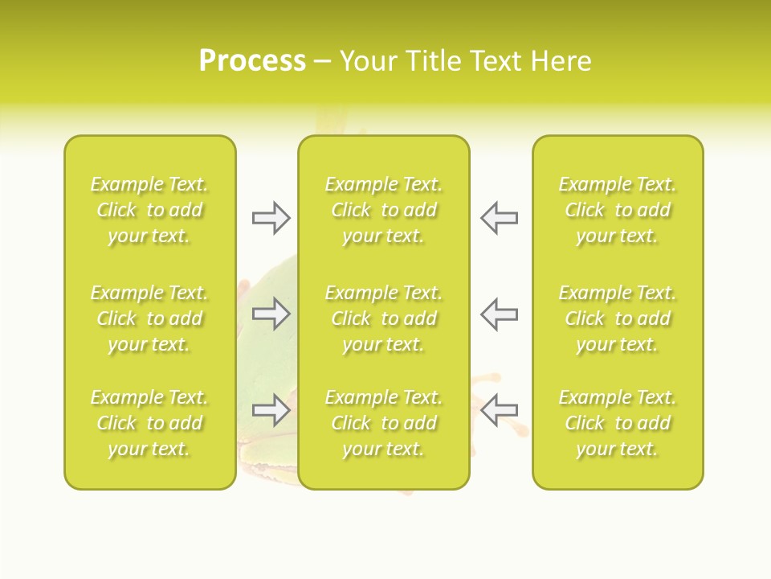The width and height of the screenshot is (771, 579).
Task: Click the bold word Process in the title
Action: [252, 61]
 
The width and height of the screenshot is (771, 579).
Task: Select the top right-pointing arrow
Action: [271, 218]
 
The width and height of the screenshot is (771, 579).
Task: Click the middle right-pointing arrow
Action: [271, 314]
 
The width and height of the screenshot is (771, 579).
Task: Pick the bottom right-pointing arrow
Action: [271, 410]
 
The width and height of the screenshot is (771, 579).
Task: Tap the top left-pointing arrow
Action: [499, 218]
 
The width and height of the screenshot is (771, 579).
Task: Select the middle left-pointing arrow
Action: [499, 314]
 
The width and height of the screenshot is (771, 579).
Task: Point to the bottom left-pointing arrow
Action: [499, 410]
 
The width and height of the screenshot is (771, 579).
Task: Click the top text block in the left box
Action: [149, 210]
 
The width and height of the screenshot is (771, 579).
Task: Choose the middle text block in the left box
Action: [149, 318]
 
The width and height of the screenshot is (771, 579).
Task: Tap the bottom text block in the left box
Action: [149, 423]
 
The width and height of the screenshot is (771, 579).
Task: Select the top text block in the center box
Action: [384, 210]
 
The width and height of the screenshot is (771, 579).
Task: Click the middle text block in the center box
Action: [384, 318]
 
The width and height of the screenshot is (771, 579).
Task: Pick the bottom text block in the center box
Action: [384, 423]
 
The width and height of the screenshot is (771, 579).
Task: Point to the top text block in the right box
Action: [618, 210]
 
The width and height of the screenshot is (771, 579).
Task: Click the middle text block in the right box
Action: [618, 318]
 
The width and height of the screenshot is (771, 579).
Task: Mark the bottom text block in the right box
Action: [618, 423]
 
